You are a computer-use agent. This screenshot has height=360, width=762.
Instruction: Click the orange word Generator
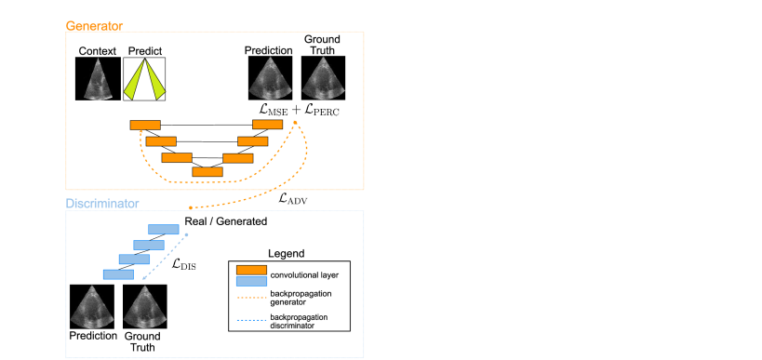[x=94, y=26]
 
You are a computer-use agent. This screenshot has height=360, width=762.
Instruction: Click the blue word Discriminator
[x=102, y=204]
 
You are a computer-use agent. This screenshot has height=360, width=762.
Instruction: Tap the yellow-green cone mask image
[x=144, y=79]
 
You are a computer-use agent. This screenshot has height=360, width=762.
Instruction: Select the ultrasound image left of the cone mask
[x=98, y=79]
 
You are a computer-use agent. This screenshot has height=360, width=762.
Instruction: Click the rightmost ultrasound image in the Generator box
[x=325, y=78]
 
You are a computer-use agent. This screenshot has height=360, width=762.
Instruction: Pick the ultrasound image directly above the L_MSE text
[x=271, y=78]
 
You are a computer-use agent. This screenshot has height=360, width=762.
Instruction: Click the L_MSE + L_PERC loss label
[x=299, y=110]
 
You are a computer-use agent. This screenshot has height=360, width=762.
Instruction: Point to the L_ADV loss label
[x=293, y=198]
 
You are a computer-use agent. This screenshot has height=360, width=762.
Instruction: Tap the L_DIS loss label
[x=183, y=264]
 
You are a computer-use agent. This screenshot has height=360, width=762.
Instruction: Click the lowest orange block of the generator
[x=207, y=172]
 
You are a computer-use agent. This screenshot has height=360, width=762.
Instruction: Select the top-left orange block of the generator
[x=145, y=125]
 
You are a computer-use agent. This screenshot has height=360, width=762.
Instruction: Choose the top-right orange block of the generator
[x=268, y=125]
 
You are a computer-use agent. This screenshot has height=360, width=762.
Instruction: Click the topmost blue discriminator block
[x=164, y=230]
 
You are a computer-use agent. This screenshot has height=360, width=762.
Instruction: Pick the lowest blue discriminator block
[x=118, y=274]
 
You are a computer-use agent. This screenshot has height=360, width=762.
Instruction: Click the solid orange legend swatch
[x=251, y=270]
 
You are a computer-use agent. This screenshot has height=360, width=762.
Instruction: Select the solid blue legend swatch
[x=251, y=281]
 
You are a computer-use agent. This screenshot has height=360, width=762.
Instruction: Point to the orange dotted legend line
[x=251, y=298]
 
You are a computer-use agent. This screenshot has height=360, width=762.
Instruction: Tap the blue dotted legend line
[x=251, y=320]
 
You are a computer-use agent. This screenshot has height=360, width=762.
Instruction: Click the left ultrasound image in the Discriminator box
[x=92, y=306]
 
